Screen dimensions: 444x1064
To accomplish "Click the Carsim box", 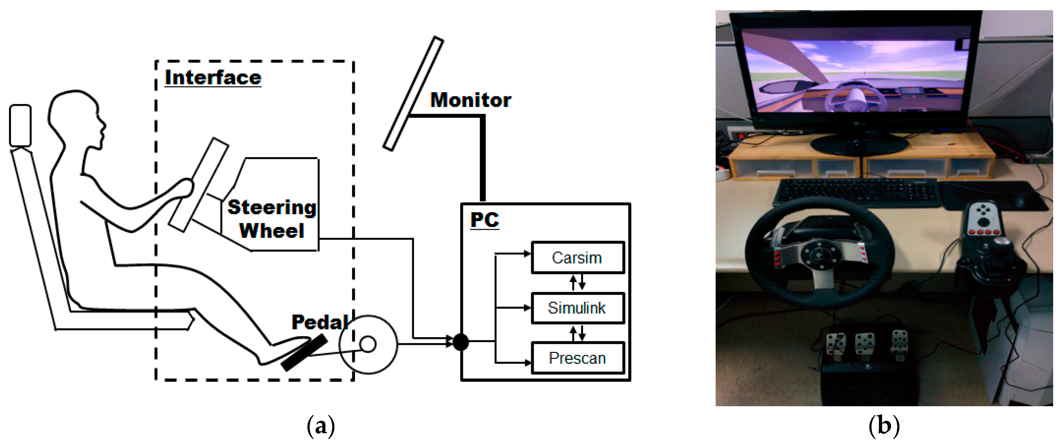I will (577, 258).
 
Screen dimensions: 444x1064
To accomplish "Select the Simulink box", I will (577, 308).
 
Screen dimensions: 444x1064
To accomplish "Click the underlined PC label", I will (484, 220).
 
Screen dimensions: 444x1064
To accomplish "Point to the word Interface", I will (213, 78).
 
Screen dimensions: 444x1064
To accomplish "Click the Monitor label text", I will (470, 100).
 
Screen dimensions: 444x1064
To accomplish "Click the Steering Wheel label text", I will (272, 219).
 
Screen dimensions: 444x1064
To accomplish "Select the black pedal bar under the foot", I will (304, 353).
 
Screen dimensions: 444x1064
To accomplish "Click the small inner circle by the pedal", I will (368, 344).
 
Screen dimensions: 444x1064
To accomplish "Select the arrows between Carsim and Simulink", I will (577, 283).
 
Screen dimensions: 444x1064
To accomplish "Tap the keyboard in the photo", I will (857, 192).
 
